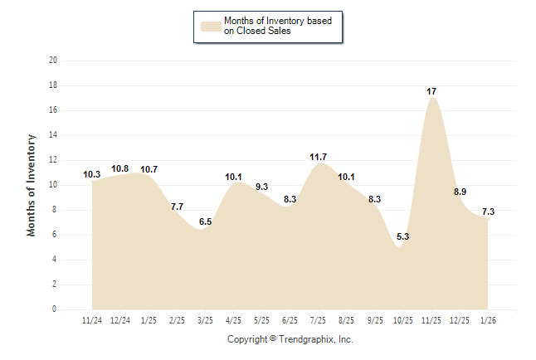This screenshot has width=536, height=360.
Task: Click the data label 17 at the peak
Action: [x=431, y=90]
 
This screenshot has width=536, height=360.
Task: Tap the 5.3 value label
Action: [x=403, y=236]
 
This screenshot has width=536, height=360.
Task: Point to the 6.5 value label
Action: [x=206, y=221]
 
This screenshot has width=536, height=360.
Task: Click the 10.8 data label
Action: [x=119, y=168]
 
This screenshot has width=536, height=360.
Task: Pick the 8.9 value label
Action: [x=459, y=192]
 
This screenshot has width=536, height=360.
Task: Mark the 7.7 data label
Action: [x=177, y=207]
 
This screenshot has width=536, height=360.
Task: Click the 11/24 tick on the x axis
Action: [x=92, y=319]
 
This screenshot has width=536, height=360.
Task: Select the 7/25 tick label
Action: [x=318, y=319]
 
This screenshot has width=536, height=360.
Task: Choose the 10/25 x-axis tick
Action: [x=402, y=319]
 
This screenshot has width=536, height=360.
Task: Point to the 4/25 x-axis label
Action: [x=233, y=319]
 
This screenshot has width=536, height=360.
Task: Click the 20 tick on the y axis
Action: [x=53, y=61]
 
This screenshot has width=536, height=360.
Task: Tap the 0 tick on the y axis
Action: [x=55, y=309]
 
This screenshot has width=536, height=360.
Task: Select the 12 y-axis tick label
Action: [x=53, y=160]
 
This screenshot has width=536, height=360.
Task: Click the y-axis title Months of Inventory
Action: [x=32, y=185]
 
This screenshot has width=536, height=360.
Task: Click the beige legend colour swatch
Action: [x=211, y=25]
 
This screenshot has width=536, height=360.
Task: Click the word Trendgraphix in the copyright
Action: [x=306, y=339]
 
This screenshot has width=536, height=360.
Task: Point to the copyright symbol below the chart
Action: [x=272, y=339]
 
